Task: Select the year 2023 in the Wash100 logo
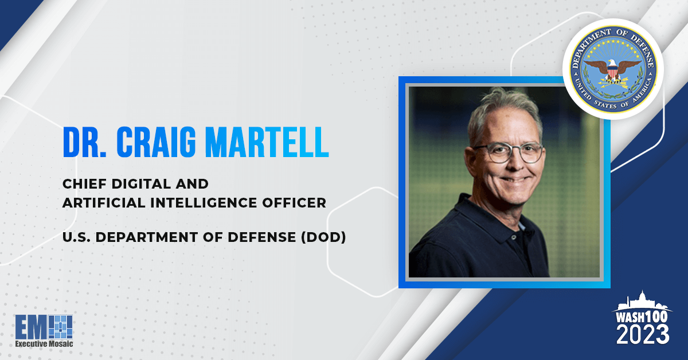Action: click(x=643, y=334)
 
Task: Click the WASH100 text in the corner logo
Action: click(x=643, y=316)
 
